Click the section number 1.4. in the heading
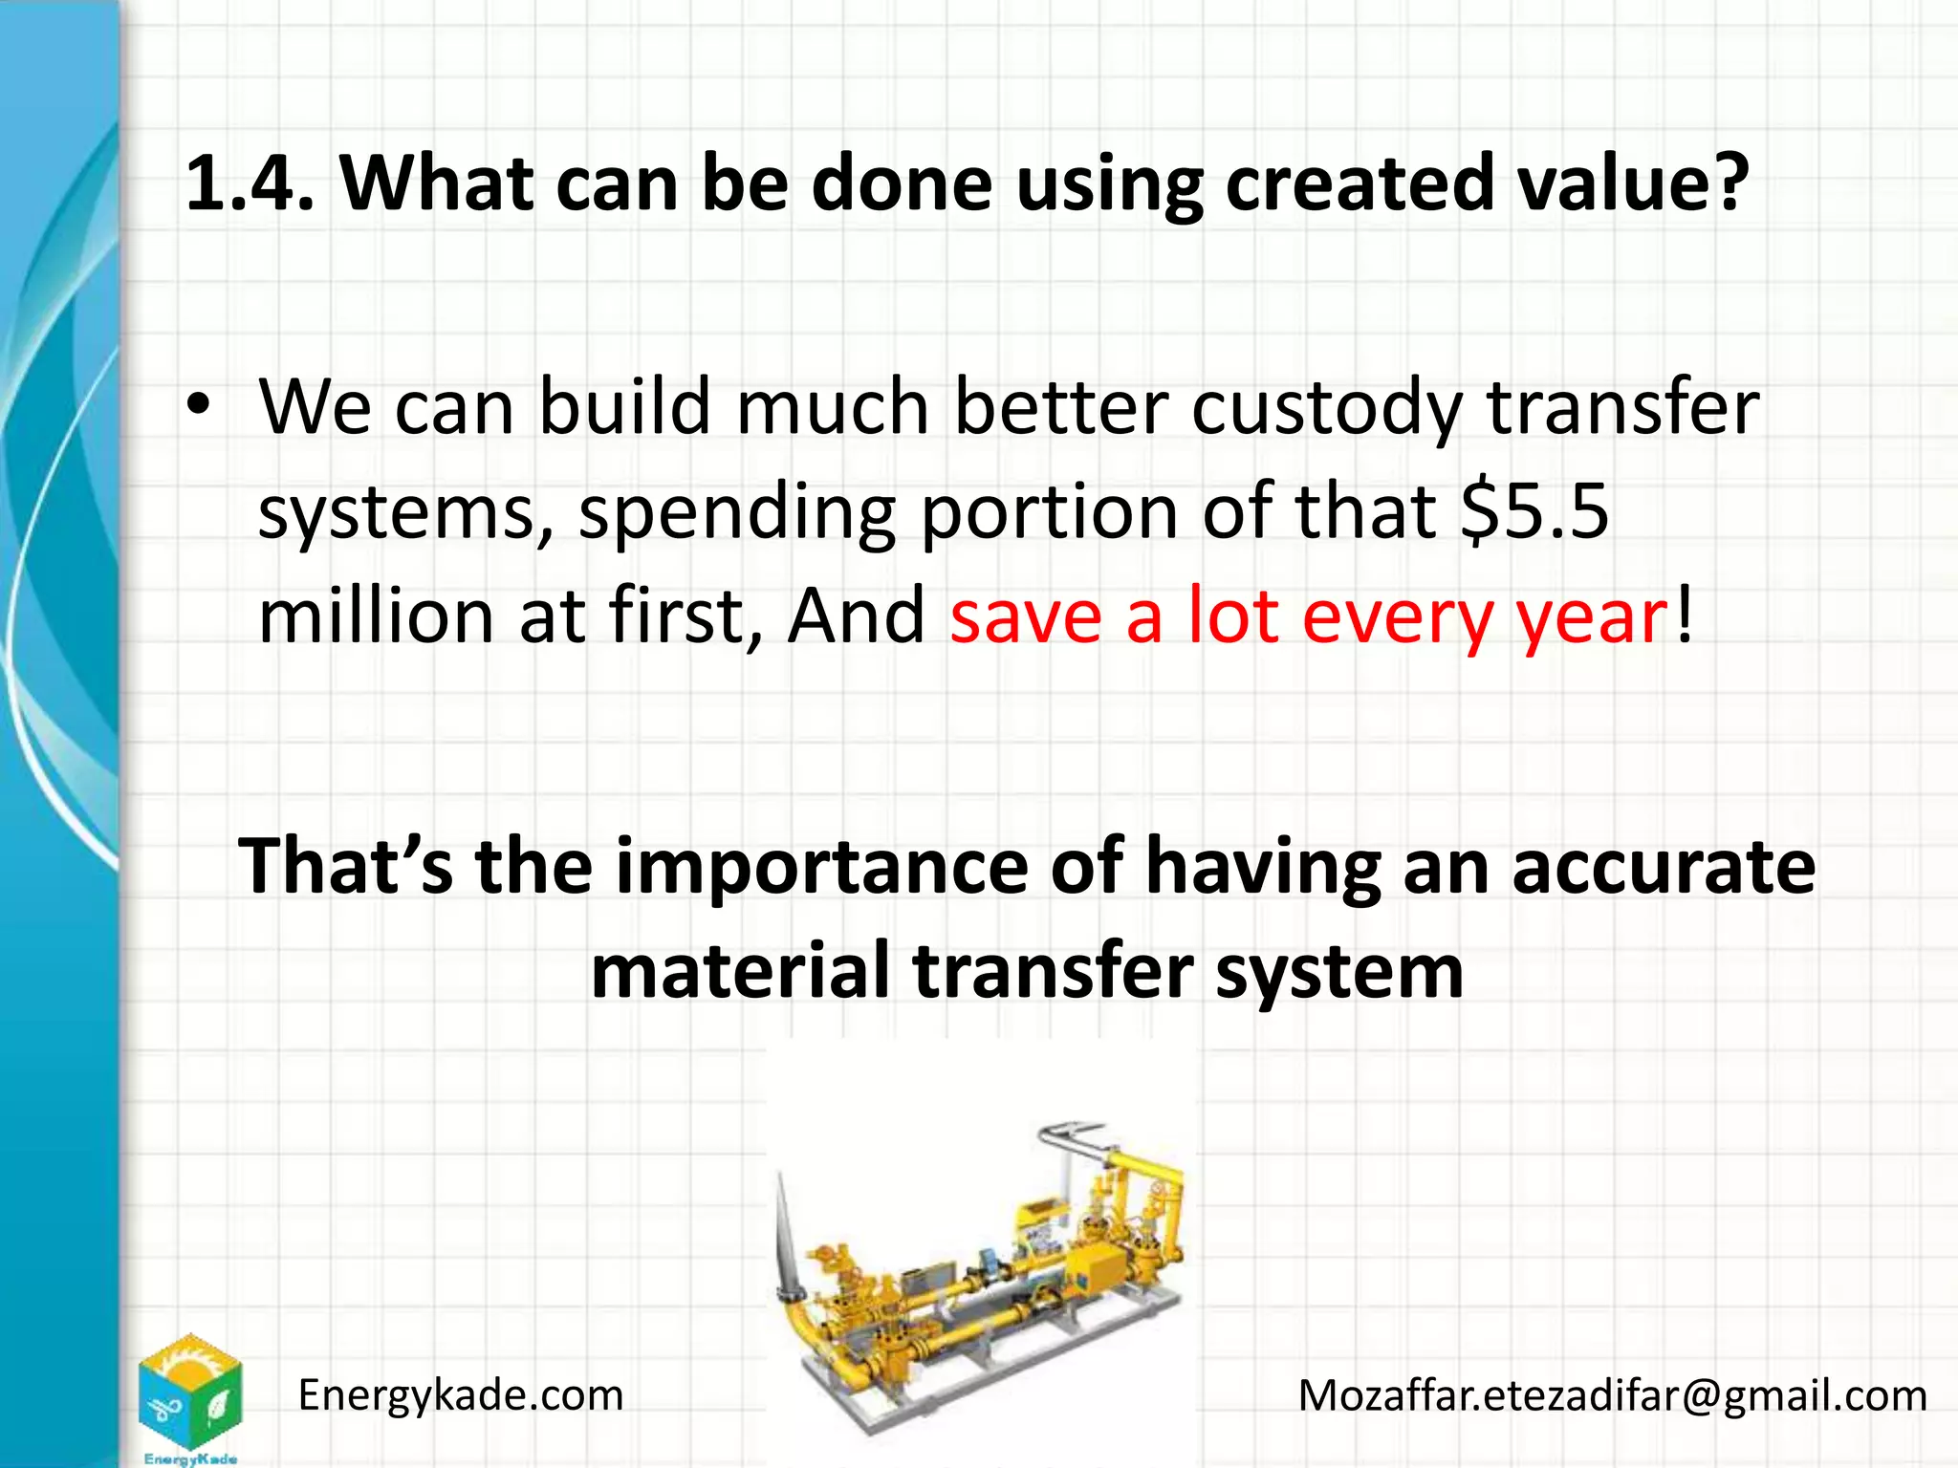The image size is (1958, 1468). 250,183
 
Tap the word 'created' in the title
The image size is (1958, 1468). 1359,183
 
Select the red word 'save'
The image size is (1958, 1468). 1026,617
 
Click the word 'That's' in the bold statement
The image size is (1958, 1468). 345,866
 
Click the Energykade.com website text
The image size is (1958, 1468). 461,1396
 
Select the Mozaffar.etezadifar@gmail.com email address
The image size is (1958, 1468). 1612,1396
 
